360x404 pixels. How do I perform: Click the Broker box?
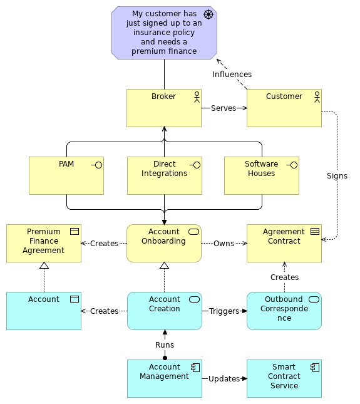(x=163, y=108)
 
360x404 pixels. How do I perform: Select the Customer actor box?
(x=284, y=108)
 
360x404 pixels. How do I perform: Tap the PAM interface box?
(x=66, y=175)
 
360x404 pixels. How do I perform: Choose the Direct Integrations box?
(x=164, y=175)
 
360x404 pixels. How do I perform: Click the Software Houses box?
(x=261, y=175)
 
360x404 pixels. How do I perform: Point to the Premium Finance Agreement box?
(x=43, y=243)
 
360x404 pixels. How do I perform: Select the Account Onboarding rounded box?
(x=163, y=243)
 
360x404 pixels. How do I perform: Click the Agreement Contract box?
(x=284, y=243)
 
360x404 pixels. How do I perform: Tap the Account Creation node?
(x=164, y=311)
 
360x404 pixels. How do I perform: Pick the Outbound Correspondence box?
(x=284, y=311)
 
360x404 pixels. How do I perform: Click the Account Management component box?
(x=164, y=378)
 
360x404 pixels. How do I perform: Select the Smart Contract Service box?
(x=284, y=378)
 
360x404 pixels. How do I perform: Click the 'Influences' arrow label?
(x=232, y=75)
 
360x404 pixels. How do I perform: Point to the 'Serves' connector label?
(x=224, y=108)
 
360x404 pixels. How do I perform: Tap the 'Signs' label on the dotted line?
(x=337, y=176)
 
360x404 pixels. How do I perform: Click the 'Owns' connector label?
(x=224, y=244)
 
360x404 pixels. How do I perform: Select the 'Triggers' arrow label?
(x=224, y=311)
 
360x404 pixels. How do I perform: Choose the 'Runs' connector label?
(x=165, y=345)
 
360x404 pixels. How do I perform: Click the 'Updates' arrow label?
(x=224, y=379)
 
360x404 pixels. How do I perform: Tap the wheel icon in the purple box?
(x=208, y=14)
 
